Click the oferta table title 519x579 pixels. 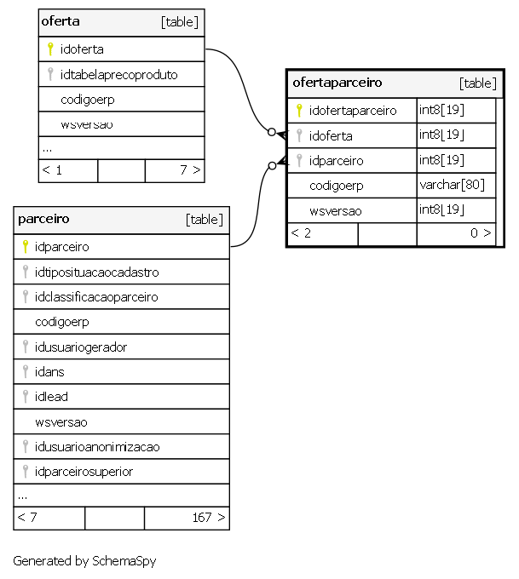coord(61,21)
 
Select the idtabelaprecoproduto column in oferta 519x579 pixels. coord(119,75)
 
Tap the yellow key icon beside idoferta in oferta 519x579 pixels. coord(50,49)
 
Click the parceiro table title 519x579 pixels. coord(43,219)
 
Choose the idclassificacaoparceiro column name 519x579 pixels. coord(96,297)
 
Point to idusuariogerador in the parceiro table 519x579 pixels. coord(81,347)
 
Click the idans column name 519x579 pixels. coord(49,372)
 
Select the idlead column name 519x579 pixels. coord(51,397)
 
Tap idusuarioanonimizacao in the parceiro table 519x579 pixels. coord(97,447)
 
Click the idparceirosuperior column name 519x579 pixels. coord(84,472)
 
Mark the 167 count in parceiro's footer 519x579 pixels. coord(202,518)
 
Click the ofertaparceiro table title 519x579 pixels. coord(337,83)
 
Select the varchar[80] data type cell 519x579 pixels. coord(452,185)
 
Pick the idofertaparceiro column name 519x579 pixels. coord(353,111)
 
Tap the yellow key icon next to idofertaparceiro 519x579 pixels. coord(299,111)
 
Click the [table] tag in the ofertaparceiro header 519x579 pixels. coord(477,83)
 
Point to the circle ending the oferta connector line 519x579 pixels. coord(272,132)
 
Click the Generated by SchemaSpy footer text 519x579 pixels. coord(84,561)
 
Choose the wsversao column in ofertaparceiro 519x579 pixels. coord(336,211)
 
